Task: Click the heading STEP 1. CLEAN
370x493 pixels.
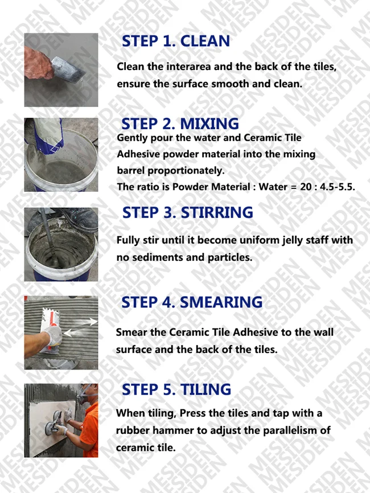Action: pyautogui.click(x=176, y=41)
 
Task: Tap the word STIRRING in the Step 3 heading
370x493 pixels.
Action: pyautogui.click(x=217, y=212)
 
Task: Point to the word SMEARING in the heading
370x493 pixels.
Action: pyautogui.click(x=221, y=302)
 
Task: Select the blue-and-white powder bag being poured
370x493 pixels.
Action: pyautogui.click(x=48, y=135)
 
